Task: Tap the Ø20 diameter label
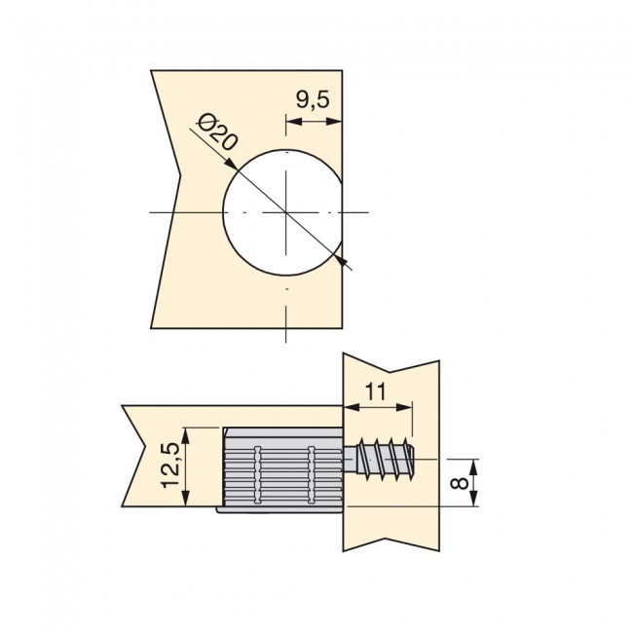pyautogui.click(x=216, y=132)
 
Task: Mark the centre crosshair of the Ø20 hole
pyautogui.click(x=285, y=211)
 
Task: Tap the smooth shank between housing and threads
pyautogui.click(x=350, y=457)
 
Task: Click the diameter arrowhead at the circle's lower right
pyautogui.click(x=339, y=258)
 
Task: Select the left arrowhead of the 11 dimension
pyautogui.click(x=348, y=403)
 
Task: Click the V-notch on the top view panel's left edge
pyautogui.click(x=179, y=176)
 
